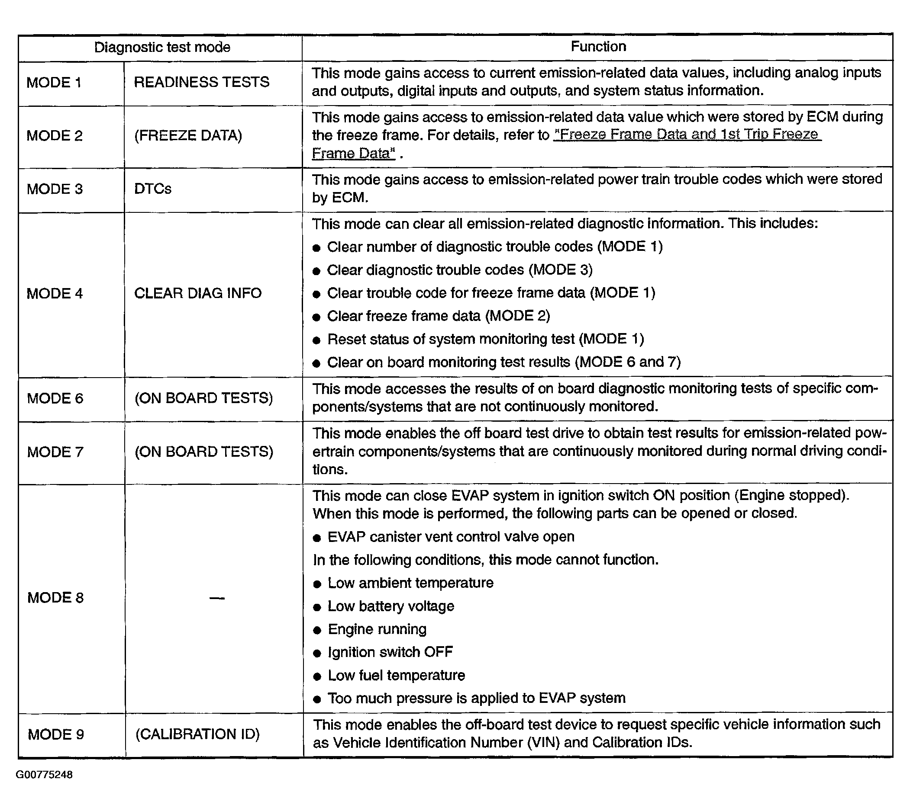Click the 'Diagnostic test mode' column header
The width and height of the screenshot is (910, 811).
[x=162, y=47]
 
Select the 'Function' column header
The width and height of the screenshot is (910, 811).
[x=598, y=46]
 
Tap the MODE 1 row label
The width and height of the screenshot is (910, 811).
[x=54, y=83]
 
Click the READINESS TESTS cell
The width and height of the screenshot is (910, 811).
[x=202, y=82]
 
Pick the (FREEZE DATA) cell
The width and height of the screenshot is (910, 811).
[x=188, y=135]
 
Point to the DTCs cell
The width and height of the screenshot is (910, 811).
[x=152, y=189]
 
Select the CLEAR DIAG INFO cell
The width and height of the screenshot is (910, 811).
[x=197, y=293]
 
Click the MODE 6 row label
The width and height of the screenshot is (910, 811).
[x=55, y=398]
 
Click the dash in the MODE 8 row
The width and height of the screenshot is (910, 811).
[x=217, y=598]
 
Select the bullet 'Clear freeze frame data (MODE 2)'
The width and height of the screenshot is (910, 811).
[x=438, y=316]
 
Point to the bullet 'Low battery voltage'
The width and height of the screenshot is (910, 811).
[x=391, y=606]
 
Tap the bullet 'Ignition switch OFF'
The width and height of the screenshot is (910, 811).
[x=390, y=652]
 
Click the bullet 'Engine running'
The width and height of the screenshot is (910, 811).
[x=377, y=629]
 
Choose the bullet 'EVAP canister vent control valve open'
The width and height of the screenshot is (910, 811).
[x=451, y=536]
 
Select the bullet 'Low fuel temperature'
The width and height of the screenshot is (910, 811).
[x=396, y=675]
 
